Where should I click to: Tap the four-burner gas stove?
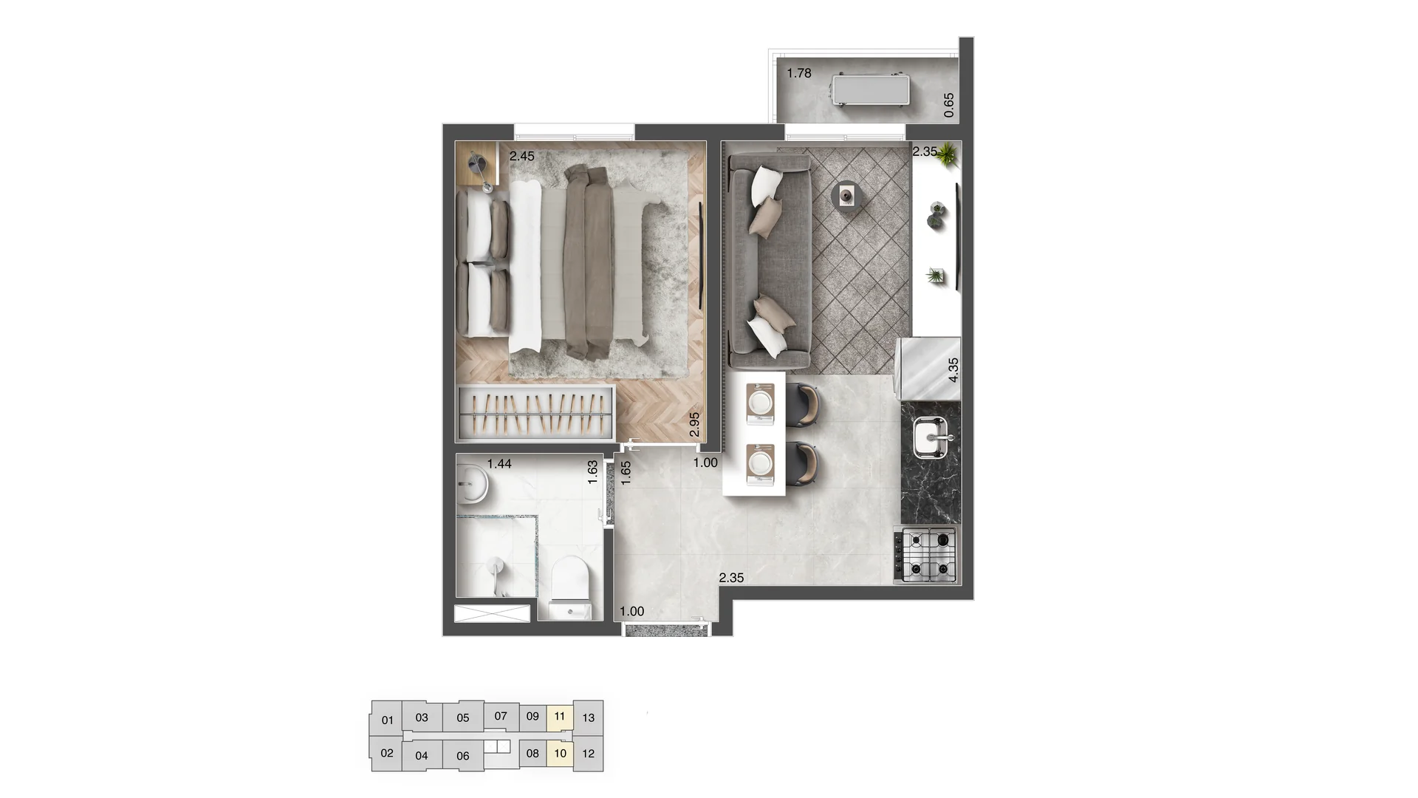click(x=925, y=554)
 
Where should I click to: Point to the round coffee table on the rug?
click(x=846, y=196)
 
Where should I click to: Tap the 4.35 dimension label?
click(x=953, y=369)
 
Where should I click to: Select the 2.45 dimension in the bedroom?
click(x=521, y=156)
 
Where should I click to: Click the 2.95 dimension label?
click(x=694, y=424)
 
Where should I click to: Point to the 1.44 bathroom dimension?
click(x=499, y=464)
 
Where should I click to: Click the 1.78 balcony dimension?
click(x=799, y=73)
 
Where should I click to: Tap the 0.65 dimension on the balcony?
click(x=949, y=105)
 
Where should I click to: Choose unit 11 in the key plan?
click(x=560, y=716)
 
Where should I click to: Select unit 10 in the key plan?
click(x=560, y=754)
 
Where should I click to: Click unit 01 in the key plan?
click(x=387, y=720)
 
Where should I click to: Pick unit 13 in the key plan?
click(x=589, y=717)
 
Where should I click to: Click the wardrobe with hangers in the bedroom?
click(x=535, y=412)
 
